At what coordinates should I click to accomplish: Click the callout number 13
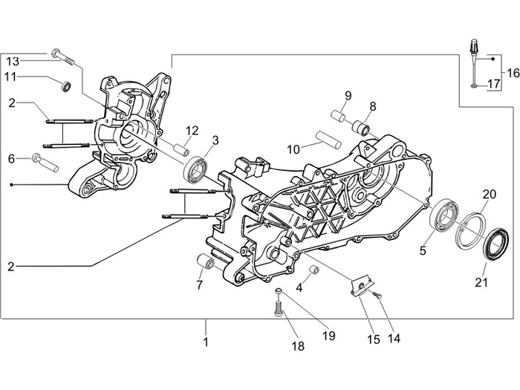click(x=13, y=60)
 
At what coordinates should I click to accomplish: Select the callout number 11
click(x=13, y=77)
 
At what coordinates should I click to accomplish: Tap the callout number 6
click(x=12, y=158)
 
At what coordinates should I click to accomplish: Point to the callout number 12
click(x=192, y=131)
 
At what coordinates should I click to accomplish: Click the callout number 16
click(x=512, y=72)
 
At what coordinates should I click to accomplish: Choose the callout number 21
click(x=482, y=282)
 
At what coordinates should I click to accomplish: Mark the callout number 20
click(x=489, y=195)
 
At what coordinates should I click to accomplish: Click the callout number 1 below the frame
click(x=206, y=342)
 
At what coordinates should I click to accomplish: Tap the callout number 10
click(x=294, y=149)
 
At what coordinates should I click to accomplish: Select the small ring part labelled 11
click(x=66, y=88)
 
